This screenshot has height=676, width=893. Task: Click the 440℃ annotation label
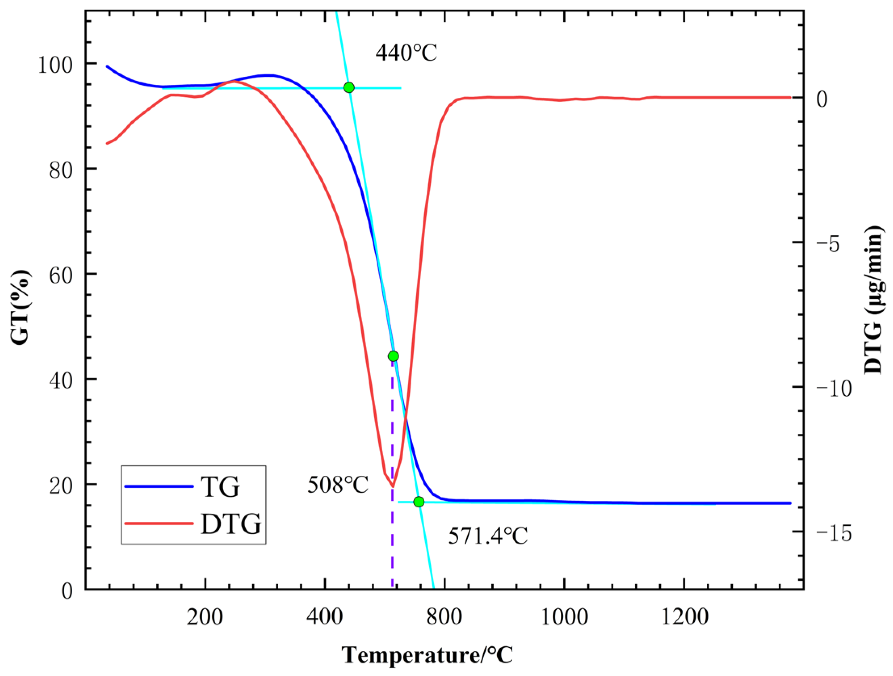(x=406, y=52)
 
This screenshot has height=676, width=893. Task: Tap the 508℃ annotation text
(x=338, y=484)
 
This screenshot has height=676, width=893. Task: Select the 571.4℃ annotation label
(x=488, y=536)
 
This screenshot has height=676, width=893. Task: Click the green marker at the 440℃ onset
(x=349, y=88)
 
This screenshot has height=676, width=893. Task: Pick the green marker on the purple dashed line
(x=393, y=356)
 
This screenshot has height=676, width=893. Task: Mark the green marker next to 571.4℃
(x=419, y=502)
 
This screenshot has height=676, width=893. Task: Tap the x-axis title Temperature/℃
(x=428, y=655)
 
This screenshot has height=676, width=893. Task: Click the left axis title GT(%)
(x=20, y=307)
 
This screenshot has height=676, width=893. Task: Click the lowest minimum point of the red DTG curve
(x=392, y=486)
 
